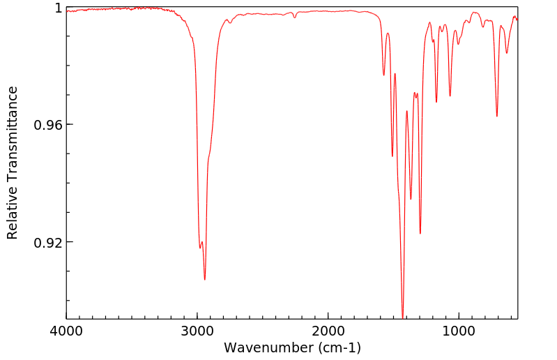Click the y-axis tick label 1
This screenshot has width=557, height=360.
coord(59,8)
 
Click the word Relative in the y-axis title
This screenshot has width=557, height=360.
coord(12,214)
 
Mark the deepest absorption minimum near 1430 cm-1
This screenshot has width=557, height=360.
coord(403,316)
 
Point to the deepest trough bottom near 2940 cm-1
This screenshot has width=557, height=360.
coord(204,280)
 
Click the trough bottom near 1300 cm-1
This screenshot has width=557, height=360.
coord(420,233)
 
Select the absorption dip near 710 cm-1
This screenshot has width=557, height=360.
coord(496,116)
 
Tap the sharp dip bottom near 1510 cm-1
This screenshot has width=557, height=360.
coord(392,156)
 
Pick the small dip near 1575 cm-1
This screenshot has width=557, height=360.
coord(383,75)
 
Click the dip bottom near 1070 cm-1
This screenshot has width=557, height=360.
coord(450,96)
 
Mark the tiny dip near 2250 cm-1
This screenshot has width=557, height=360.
coord(295,17)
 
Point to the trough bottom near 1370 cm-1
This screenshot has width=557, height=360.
coord(411,199)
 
